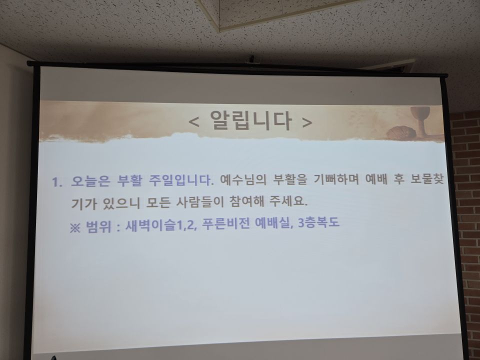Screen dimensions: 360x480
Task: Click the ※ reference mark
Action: click(x=75, y=226)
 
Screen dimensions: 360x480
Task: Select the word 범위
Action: click(x=98, y=226)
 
